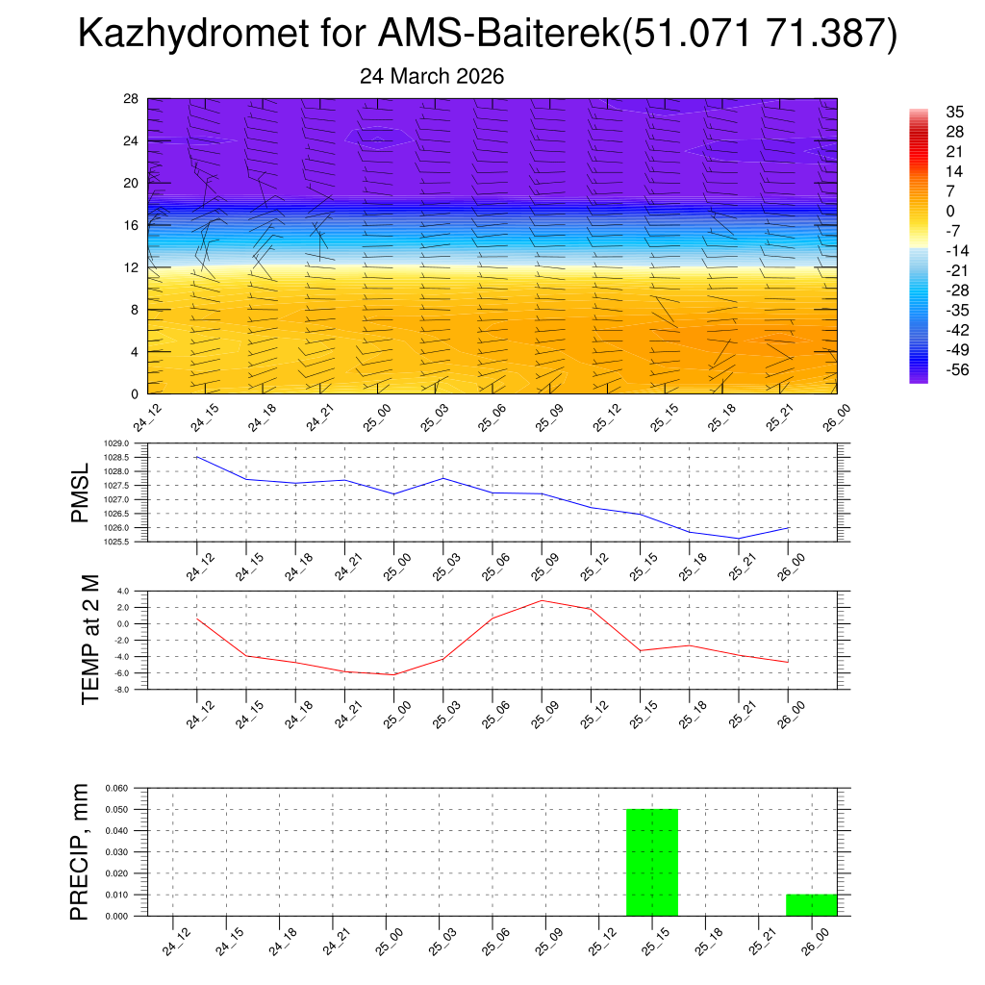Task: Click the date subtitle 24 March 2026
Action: click(x=432, y=76)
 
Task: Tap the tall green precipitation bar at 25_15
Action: click(x=652, y=862)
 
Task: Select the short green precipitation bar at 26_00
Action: click(x=811, y=905)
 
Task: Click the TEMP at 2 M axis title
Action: click(x=89, y=640)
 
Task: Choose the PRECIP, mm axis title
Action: click(x=82, y=851)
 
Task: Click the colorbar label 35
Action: click(x=928, y=113)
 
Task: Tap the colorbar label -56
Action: click(x=930, y=369)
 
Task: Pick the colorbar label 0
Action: click(x=923, y=211)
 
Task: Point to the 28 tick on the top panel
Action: click(x=132, y=99)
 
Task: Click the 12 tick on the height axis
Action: click(x=132, y=267)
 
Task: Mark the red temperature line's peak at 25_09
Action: click(x=542, y=600)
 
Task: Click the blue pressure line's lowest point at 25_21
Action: click(x=739, y=538)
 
